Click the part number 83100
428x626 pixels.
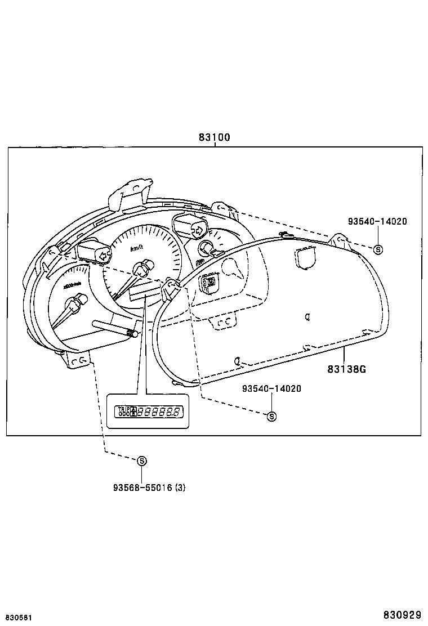pos(214,137)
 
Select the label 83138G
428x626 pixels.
pos(347,369)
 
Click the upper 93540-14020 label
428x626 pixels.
pos(377,222)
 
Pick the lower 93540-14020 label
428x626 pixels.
pos(271,389)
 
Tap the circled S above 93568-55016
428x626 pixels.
pos(142,460)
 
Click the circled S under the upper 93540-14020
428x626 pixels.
pos(378,249)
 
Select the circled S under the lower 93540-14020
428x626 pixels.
pos(271,416)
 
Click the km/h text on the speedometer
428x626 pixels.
pos(137,248)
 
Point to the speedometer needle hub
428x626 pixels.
pos(145,265)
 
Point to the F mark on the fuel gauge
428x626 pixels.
pos(210,232)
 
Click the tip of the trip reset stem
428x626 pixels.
pos(134,334)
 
